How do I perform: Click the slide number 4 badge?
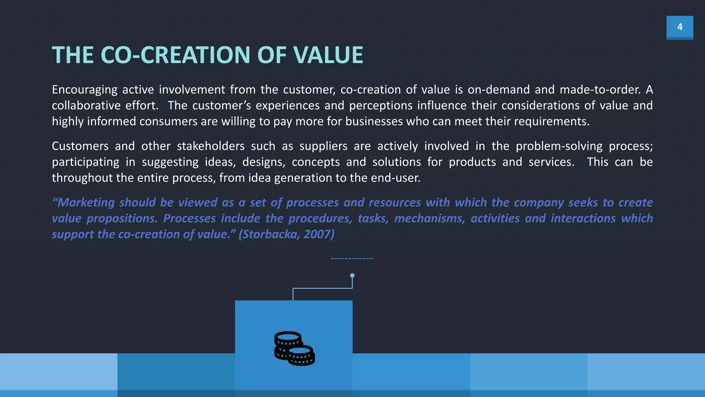tap(680, 27)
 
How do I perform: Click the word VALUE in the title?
tap(328, 55)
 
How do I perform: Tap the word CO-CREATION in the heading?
tap(175, 55)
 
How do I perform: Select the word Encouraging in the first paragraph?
tap(85, 90)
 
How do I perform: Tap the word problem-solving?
tap(559, 146)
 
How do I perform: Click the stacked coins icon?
tap(294, 348)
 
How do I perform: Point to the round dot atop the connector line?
tap(352, 275)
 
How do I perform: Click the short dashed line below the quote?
tap(352, 258)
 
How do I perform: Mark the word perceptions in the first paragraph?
tap(381, 106)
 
